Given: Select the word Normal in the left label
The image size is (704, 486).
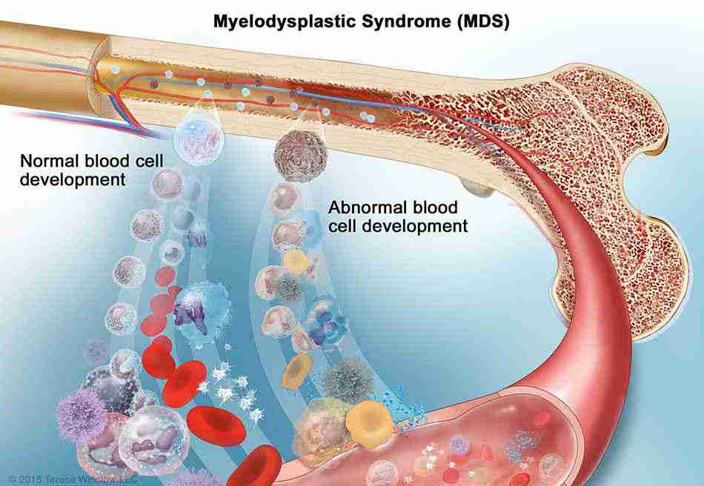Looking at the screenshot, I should coord(45,161).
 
